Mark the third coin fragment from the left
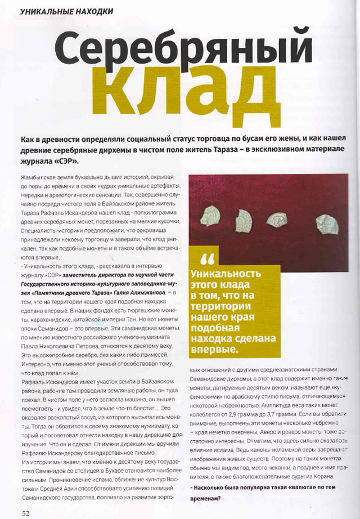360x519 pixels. (278, 218)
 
